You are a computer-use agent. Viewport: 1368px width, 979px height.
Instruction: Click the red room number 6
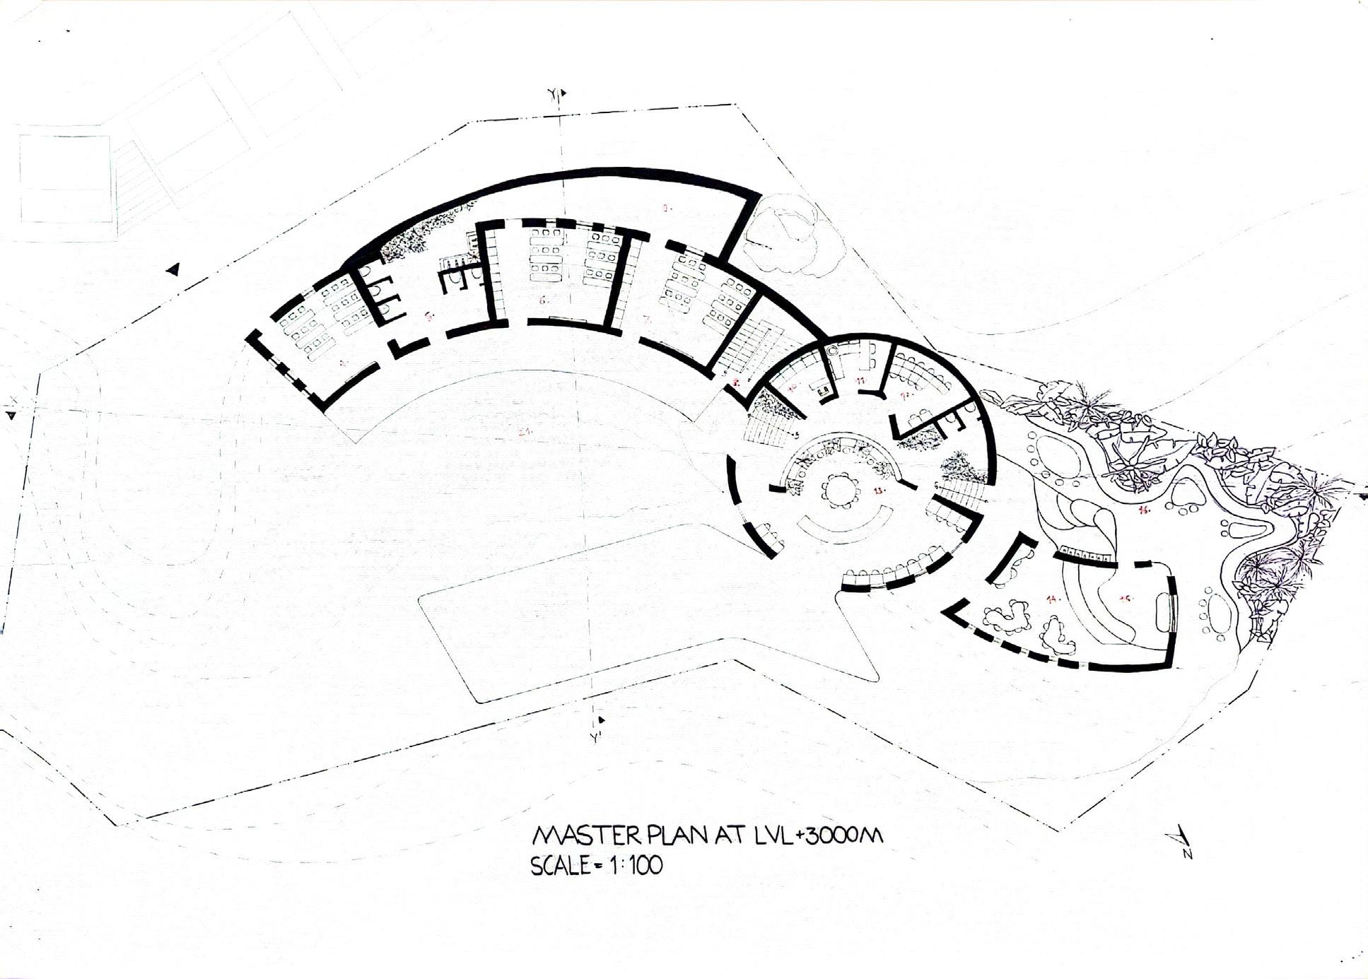click(x=543, y=300)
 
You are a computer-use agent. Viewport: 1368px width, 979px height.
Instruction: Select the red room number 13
click(x=879, y=490)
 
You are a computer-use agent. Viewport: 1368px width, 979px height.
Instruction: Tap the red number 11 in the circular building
click(x=860, y=380)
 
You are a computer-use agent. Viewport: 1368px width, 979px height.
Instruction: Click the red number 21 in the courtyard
click(x=524, y=432)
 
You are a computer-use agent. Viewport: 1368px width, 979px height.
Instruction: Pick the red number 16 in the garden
click(x=1142, y=509)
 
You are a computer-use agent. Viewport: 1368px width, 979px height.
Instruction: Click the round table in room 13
click(x=840, y=488)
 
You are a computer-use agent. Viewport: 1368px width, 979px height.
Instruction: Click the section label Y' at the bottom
click(x=595, y=738)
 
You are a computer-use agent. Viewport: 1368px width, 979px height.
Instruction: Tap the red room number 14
click(x=1053, y=599)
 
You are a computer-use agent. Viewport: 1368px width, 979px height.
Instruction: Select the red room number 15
click(x=1126, y=598)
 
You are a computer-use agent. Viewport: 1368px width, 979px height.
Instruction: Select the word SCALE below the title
click(x=561, y=866)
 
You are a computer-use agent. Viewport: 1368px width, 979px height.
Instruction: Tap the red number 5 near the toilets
click(x=429, y=316)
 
